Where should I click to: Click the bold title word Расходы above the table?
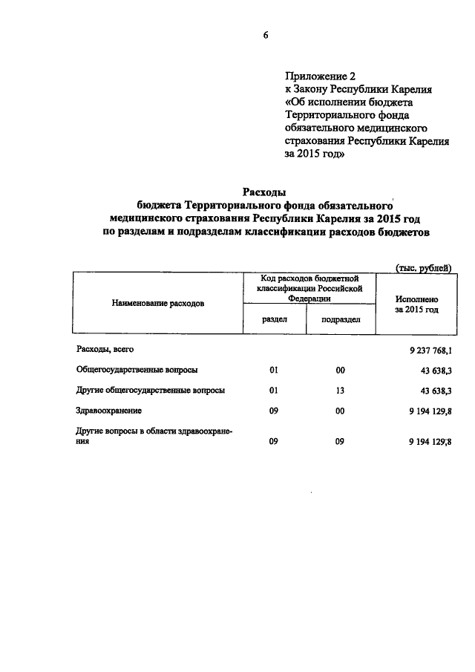[x=265, y=192]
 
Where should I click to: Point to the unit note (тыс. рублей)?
[x=420, y=268]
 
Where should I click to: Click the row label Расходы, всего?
[x=105, y=349]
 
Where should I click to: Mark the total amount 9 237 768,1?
[x=429, y=350]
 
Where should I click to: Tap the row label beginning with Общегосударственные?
[x=137, y=369]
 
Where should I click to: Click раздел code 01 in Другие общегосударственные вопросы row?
[x=274, y=390]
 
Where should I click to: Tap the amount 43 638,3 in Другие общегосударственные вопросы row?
[x=436, y=390]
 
